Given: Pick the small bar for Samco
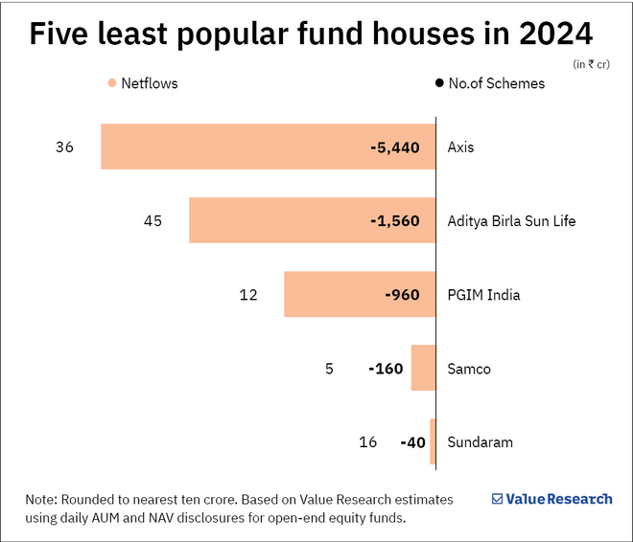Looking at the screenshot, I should coord(423,369).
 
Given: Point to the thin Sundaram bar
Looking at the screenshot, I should coord(433,441).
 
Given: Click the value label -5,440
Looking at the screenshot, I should coord(394,147).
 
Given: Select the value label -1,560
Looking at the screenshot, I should coord(394,221).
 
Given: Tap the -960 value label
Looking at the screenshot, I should coord(402,294).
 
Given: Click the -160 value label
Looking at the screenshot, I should coord(386,369).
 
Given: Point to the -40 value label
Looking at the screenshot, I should coord(413,441).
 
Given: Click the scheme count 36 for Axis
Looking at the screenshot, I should coord(65,147).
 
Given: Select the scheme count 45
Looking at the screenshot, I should coord(152,221).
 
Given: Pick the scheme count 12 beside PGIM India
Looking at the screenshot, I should coord(248,294).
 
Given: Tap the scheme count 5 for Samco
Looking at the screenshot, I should coord(329,369).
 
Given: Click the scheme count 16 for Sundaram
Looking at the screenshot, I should coord(368,441).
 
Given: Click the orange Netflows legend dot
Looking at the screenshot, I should coord(112,83).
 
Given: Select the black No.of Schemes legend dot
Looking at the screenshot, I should coord(439,83).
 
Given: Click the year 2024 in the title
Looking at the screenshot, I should coord(550,34).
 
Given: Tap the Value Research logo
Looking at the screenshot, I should coord(551,499).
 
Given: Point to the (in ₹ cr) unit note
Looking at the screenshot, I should coord(591,64).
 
